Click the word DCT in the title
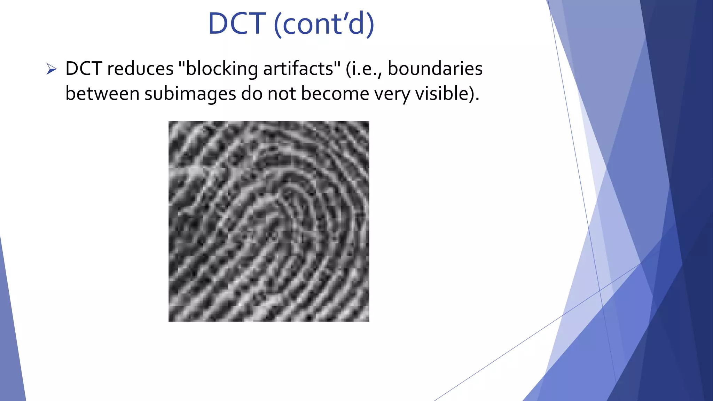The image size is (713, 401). point(237,24)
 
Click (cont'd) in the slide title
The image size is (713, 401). point(324,24)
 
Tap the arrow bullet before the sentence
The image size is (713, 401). point(51,69)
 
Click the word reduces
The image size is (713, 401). point(140,69)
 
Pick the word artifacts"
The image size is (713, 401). point(302,69)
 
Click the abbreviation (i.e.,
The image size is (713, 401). point(364,69)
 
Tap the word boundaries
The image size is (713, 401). point(435,69)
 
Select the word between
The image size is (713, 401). point(102,94)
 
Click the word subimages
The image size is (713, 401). point(190,94)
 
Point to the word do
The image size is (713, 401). point(251,94)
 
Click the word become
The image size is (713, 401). point(335,94)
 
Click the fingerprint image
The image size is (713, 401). point(269,221)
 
